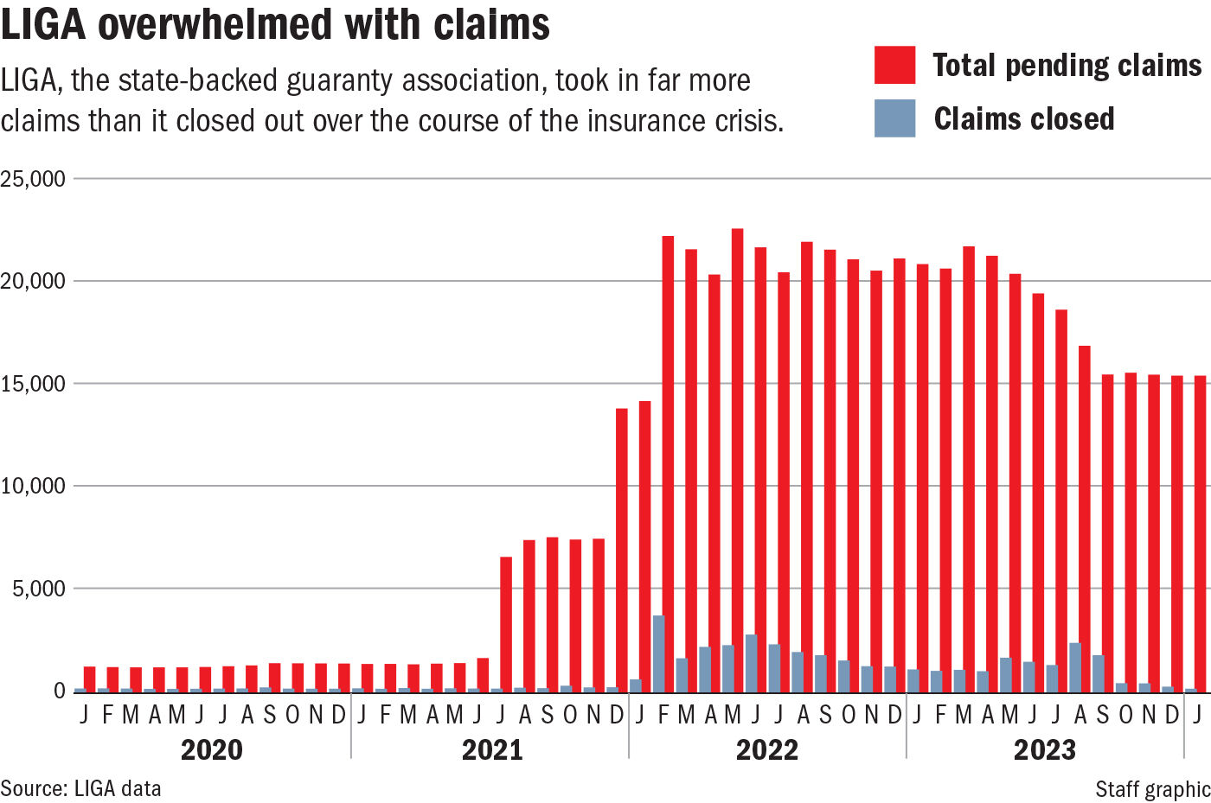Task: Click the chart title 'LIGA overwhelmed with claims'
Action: (x=275, y=23)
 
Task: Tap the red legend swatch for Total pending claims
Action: (x=894, y=66)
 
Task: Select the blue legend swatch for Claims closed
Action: (x=894, y=118)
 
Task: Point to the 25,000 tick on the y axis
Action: (x=33, y=179)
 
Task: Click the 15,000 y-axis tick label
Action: (x=33, y=384)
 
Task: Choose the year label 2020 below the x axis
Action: (x=211, y=749)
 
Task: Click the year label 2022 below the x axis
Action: (x=766, y=749)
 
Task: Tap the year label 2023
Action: (x=1044, y=749)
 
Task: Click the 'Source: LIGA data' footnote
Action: (x=80, y=788)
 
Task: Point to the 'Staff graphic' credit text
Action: (x=1152, y=789)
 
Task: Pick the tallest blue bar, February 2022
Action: (x=658, y=653)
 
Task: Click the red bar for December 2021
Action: (x=621, y=549)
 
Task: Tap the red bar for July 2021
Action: (x=506, y=623)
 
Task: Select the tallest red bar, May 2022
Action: (x=737, y=459)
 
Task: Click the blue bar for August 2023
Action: (x=1074, y=666)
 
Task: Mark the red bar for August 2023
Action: (x=1084, y=518)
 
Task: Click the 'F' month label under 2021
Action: (x=385, y=715)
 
